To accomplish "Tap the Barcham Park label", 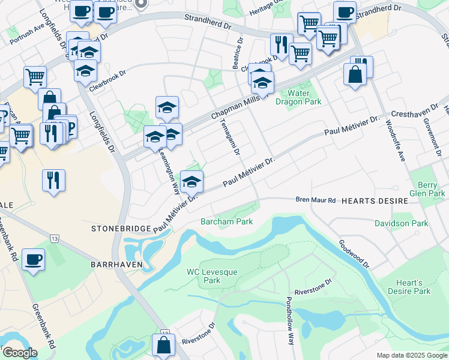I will tap(226, 221).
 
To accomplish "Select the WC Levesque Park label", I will tap(212, 276).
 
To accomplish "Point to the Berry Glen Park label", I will tap(429, 190).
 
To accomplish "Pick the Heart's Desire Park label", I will tap(414, 287).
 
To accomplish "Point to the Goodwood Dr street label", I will tap(354, 254).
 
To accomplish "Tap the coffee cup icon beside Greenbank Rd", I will tap(34, 259).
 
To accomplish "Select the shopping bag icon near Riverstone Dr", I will tap(163, 345).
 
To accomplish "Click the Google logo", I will tap(19, 352).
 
